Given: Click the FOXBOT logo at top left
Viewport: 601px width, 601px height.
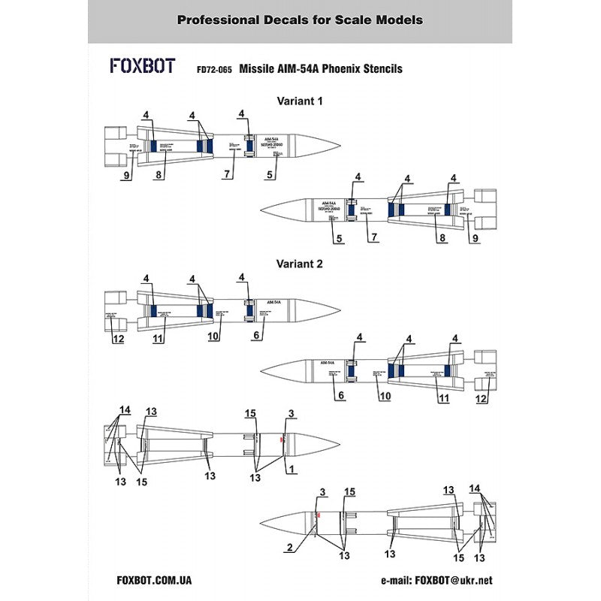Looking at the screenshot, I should [143, 66].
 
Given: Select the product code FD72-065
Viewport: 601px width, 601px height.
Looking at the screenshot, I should [213, 69].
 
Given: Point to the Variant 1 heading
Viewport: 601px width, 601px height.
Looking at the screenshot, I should [300, 101].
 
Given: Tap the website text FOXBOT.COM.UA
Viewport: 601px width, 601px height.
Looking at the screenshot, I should [155, 580].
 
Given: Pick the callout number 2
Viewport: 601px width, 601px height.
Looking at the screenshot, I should [288, 548].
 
